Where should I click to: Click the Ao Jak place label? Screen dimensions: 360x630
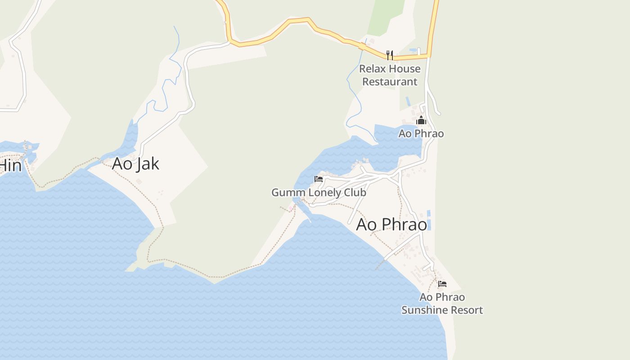coord(135,164)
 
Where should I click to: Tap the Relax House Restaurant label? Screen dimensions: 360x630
coord(390,75)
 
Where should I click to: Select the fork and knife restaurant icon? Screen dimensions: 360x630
coord(390,55)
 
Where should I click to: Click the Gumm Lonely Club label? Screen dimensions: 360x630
coord(319,193)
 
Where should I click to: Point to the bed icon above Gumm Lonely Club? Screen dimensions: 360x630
coord(319,179)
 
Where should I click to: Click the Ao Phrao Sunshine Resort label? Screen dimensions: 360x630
coord(442,304)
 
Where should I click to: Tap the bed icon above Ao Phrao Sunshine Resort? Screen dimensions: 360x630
coord(442,284)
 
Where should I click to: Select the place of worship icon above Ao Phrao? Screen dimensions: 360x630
coord(421,120)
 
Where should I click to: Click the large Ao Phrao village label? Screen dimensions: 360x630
coord(391,225)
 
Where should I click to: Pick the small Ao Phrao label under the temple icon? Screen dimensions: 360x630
coord(421,134)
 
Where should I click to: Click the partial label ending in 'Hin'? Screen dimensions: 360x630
coord(10,166)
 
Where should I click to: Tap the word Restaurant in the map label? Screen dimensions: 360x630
coord(390,82)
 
